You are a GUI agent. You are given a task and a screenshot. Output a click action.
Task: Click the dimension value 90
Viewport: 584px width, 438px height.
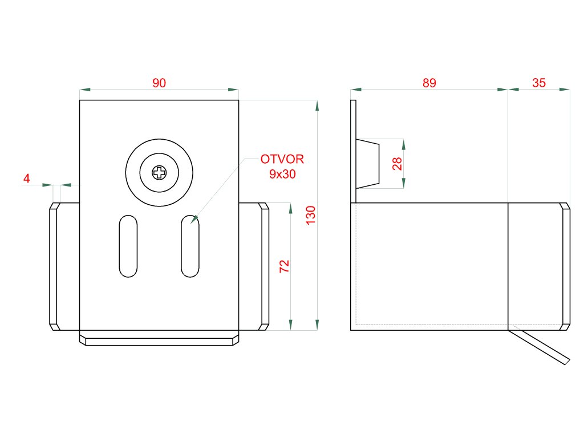coord(159,83)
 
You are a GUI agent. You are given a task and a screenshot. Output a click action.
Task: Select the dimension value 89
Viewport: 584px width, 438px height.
coord(429,83)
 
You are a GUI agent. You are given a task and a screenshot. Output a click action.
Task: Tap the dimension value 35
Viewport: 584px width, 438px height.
coord(539,83)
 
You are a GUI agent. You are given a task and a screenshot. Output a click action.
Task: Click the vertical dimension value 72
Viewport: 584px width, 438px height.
coord(285,266)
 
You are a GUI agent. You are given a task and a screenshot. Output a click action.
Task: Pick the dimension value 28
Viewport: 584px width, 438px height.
coord(398,164)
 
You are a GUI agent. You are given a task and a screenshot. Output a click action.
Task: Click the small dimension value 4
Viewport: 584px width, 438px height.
coord(26,179)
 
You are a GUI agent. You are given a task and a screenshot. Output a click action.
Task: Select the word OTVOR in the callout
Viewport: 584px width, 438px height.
coord(282,159)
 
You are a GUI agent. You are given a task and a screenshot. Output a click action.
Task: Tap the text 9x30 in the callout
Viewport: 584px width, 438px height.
coord(282,175)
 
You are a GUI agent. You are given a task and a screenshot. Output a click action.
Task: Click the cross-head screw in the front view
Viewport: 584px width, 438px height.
coord(159,171)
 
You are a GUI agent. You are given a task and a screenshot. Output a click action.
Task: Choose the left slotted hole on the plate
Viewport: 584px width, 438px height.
coord(128,246)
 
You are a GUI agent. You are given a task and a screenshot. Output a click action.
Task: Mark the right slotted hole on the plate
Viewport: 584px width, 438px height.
coord(190,246)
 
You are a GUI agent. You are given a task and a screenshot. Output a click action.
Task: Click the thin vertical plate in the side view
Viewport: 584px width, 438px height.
coord(353,151)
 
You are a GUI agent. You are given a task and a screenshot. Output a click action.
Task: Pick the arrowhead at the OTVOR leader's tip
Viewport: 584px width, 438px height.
coord(194,219)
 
